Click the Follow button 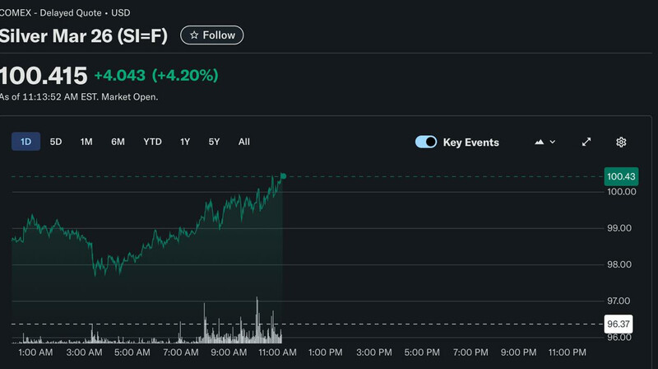(212, 35)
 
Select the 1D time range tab (25, 142)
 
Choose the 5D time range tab (56, 142)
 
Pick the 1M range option (86, 142)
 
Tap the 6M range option (118, 142)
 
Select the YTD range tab (152, 142)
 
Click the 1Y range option (185, 142)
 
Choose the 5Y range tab (214, 142)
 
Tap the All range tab (244, 142)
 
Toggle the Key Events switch (426, 142)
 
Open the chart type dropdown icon (544, 142)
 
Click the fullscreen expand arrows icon (586, 142)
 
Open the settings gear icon (621, 142)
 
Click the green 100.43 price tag (621, 176)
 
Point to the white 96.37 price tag (618, 324)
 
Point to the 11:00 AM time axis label (277, 353)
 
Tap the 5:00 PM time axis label (420, 353)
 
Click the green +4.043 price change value (119, 76)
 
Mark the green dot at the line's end (283, 175)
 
